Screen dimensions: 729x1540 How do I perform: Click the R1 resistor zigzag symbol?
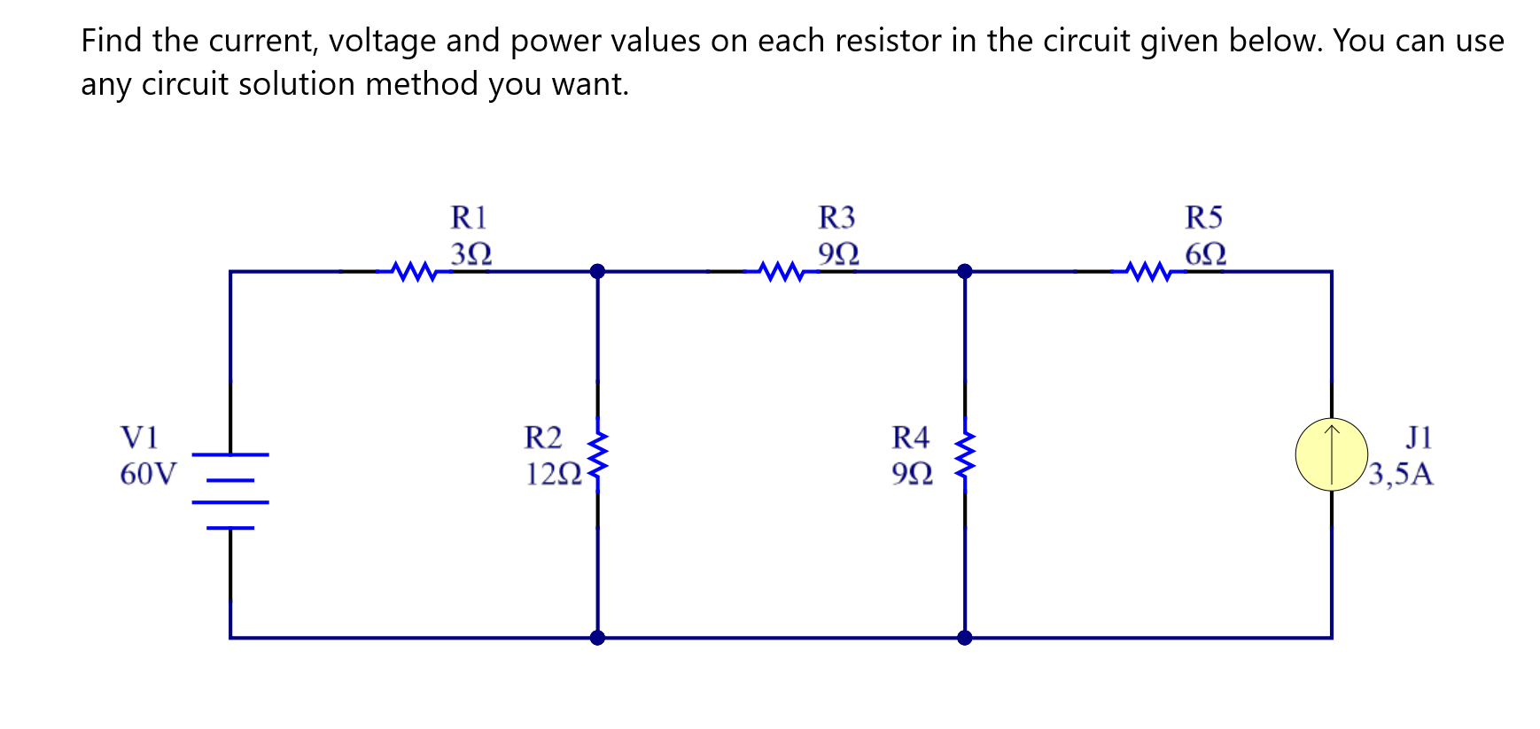point(415,271)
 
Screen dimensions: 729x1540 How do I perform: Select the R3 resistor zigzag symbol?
point(782,271)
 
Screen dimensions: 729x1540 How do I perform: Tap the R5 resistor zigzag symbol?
point(1149,271)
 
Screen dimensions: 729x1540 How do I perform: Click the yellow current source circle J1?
point(1331,454)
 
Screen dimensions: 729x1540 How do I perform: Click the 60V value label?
point(148,474)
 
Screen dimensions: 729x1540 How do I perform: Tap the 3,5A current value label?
point(1400,475)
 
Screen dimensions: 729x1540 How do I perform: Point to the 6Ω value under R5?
point(1206,254)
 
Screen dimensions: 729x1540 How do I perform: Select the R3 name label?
point(836,217)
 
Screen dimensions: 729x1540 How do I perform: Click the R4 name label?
point(910,437)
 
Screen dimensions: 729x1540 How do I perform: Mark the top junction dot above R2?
point(598,271)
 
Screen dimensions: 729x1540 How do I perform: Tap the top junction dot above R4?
point(965,271)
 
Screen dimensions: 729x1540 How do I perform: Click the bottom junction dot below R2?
point(598,637)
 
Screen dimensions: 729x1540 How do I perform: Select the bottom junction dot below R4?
point(965,637)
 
